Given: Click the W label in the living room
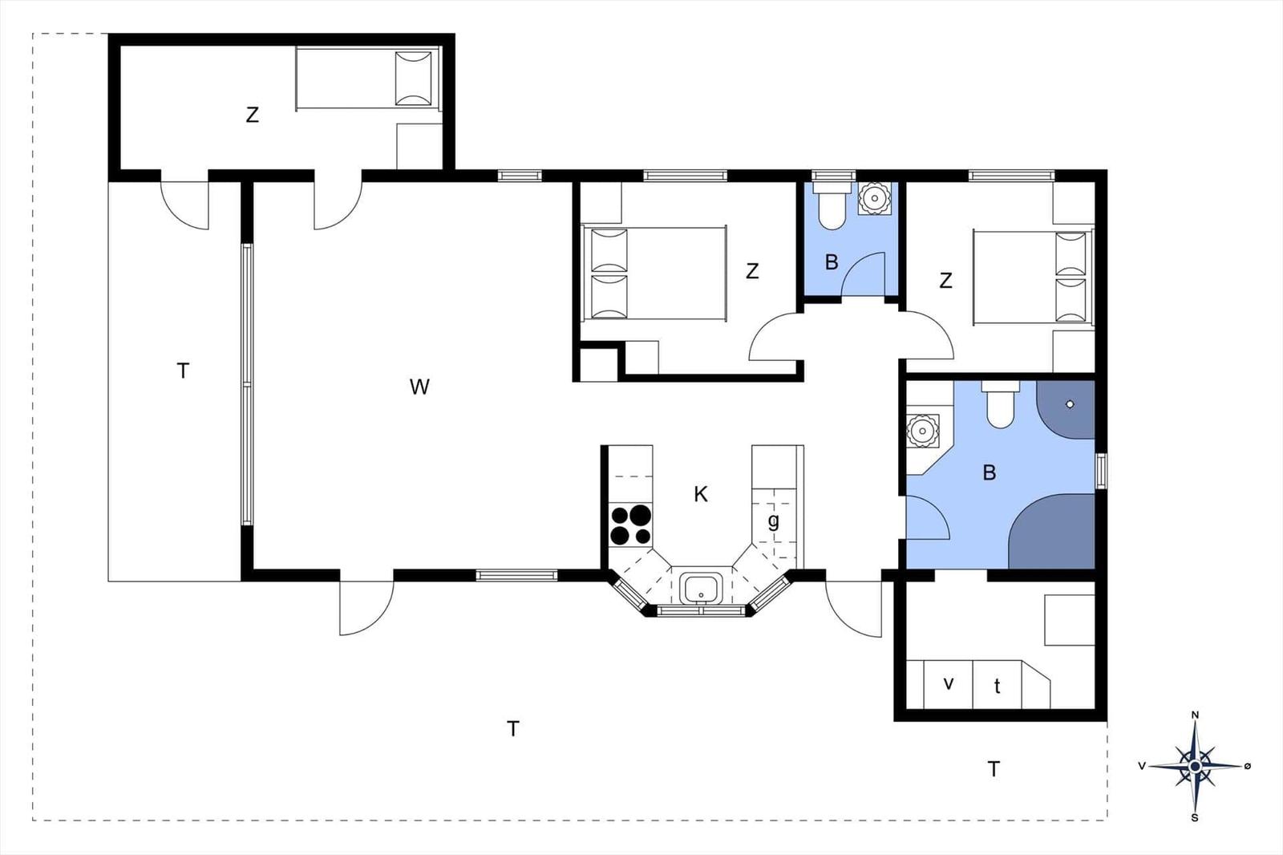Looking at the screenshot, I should tap(419, 387).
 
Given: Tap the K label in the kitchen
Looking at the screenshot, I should tap(701, 494).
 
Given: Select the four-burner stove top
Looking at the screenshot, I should tap(631, 525).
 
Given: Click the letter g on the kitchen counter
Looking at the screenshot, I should tap(773, 521).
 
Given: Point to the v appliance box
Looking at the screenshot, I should tap(949, 684).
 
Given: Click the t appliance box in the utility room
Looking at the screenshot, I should tap(997, 686).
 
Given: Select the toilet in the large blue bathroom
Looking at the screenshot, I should tap(1001, 407).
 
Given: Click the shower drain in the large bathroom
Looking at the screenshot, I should tap(1070, 404).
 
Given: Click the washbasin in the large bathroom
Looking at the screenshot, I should tap(922, 432).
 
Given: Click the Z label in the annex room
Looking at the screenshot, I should tap(253, 115).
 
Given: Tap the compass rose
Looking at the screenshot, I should tap(1195, 766).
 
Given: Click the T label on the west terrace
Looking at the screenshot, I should tap(183, 371).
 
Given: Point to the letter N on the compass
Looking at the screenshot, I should tap(1195, 715).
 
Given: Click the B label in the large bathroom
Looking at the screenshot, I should tap(990, 472).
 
